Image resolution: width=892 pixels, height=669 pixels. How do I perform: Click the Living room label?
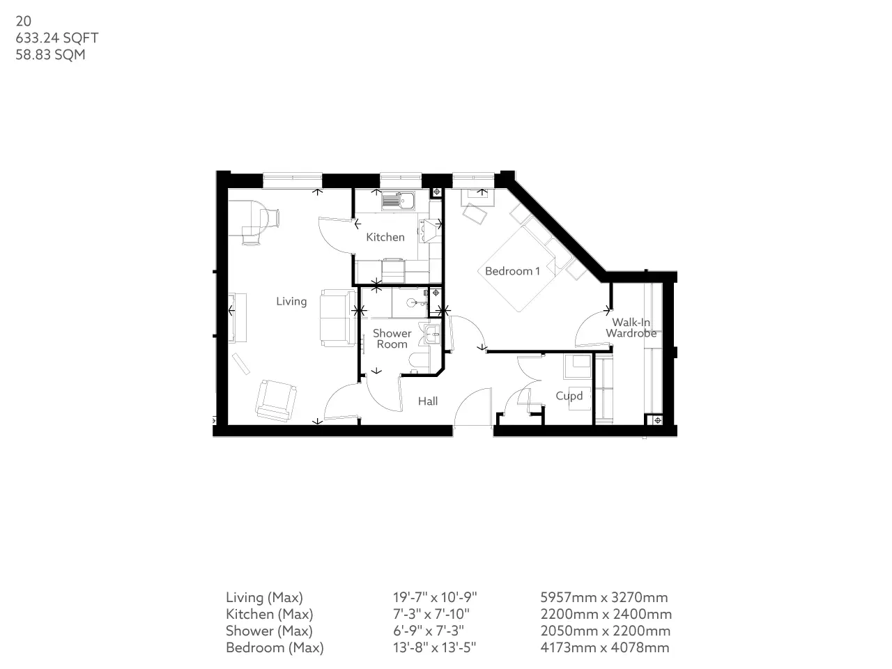[x=291, y=301]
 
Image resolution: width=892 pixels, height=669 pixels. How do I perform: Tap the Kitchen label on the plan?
[x=385, y=237]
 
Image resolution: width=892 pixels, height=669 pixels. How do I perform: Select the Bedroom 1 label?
[x=512, y=271]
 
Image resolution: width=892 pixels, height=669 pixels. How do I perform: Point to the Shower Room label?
[x=392, y=339]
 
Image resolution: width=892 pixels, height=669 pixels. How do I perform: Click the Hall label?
[x=428, y=401]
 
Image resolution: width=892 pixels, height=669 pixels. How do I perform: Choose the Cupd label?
[x=569, y=396]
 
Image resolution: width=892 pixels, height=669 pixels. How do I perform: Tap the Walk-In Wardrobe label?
[x=631, y=328]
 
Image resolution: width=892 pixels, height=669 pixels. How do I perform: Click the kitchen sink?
[x=399, y=201]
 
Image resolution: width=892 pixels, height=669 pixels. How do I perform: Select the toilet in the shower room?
[x=419, y=362]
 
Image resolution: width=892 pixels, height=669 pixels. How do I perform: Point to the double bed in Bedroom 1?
[x=517, y=269]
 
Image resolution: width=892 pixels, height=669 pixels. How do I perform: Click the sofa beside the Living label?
[x=337, y=318]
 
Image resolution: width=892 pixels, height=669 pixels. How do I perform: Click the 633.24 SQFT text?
[x=57, y=38]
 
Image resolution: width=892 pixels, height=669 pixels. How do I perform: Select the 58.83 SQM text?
[x=50, y=55]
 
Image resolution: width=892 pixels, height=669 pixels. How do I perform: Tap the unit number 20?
[x=23, y=21]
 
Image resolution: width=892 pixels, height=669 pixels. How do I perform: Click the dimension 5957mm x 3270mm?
[x=604, y=597]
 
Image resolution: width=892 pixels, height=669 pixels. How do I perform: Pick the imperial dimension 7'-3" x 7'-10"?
[x=431, y=614]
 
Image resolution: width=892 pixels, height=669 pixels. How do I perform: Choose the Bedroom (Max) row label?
[x=275, y=648]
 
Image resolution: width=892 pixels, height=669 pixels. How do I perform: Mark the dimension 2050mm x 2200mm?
[x=605, y=631]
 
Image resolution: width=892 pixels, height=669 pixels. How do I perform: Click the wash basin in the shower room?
[x=431, y=334]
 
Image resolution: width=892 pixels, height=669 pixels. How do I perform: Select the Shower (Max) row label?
[x=269, y=631]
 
